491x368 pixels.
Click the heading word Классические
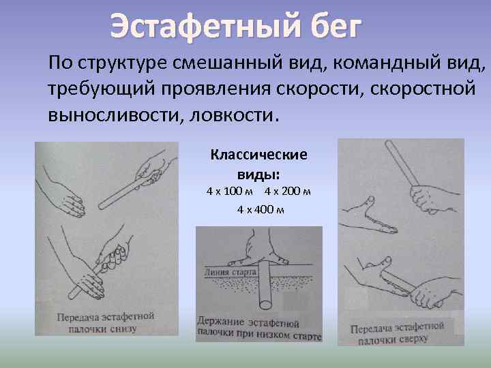[x=258, y=155]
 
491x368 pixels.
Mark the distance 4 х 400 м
[x=260, y=209]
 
